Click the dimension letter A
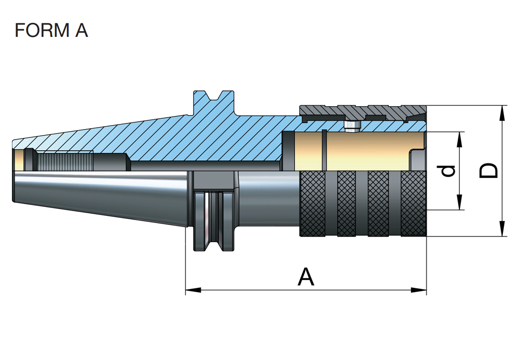click(306, 277)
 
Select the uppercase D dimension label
click(488, 171)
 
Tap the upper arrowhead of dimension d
click(459, 136)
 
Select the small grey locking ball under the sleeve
click(352, 127)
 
